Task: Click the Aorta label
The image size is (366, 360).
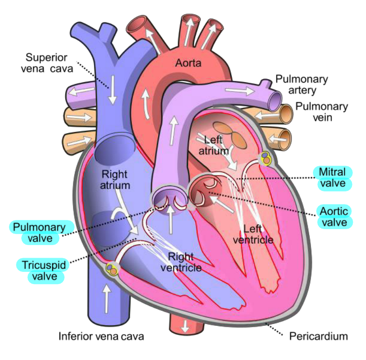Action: (x=188, y=63)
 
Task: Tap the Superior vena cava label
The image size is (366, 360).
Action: (x=47, y=63)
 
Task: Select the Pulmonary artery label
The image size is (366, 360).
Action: (x=302, y=85)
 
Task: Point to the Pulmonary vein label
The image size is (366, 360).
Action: (x=322, y=112)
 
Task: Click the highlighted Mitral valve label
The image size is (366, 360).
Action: (x=332, y=178)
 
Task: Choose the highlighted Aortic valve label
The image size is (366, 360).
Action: (x=334, y=217)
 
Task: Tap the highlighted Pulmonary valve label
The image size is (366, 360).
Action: (x=40, y=233)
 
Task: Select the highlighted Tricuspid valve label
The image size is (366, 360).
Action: (x=44, y=271)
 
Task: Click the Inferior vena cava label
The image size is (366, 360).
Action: (x=101, y=336)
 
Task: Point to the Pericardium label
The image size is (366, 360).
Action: (x=319, y=337)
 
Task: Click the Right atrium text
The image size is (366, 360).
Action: (x=115, y=180)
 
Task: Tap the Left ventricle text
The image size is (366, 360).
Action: (x=253, y=234)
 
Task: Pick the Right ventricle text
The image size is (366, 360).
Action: (x=181, y=262)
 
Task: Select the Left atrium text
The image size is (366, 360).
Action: (x=213, y=145)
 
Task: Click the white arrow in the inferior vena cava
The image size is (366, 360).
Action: (x=107, y=299)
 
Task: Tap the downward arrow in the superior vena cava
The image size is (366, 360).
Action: (x=113, y=90)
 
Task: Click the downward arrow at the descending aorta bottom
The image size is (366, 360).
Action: (x=185, y=326)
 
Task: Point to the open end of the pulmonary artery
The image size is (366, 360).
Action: (x=275, y=101)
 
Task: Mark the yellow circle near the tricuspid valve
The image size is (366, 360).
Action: (x=111, y=269)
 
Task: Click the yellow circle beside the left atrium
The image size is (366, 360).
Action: (x=266, y=158)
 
